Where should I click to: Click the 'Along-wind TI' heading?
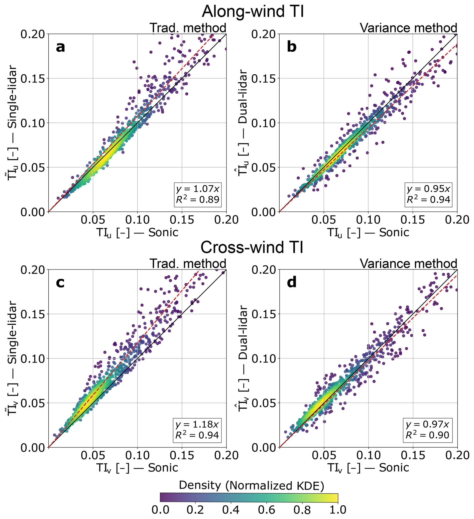pos(253,11)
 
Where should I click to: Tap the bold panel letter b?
pos(291,47)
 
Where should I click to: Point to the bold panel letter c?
pos(60,283)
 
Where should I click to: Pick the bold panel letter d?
pos(291,283)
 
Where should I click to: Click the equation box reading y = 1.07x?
pos(197,194)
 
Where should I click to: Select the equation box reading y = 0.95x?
pos(428,194)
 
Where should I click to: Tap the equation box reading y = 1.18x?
pos(197,430)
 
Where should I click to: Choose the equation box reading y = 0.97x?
pos(428,430)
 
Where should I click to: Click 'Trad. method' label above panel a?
pos(188,28)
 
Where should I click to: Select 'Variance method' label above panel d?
pos(408,264)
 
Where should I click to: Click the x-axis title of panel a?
pos(137,232)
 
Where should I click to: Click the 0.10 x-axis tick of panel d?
pos(368,455)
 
